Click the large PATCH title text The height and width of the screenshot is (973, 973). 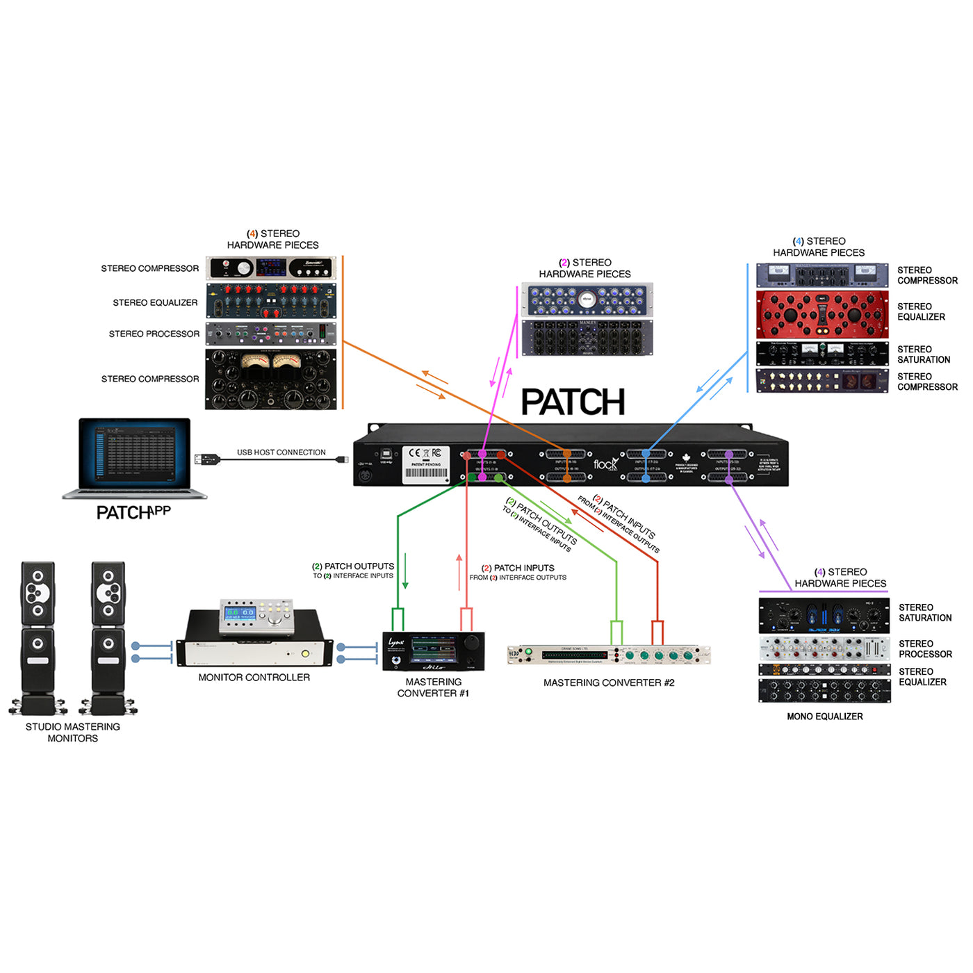click(573, 402)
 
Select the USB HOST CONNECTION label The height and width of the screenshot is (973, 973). click(281, 452)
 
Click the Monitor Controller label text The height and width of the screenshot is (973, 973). click(254, 678)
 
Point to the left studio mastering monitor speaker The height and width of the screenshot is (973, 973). click(38, 636)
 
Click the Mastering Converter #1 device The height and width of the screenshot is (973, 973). click(433, 651)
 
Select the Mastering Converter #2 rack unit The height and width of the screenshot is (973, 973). click(609, 655)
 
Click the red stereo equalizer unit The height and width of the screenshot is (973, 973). click(821, 315)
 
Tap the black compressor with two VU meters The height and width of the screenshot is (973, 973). click(270, 379)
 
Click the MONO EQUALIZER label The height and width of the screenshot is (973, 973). click(824, 717)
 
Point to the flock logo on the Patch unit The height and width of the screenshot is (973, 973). click(605, 464)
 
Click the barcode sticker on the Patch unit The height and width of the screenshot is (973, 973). click(426, 473)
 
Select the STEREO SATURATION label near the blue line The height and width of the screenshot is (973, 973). click(923, 354)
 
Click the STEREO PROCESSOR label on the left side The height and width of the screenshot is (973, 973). click(154, 334)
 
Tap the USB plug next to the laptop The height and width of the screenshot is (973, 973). click(208, 459)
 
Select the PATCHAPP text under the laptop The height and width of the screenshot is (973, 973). click(133, 512)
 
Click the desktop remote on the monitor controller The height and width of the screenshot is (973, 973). click(256, 616)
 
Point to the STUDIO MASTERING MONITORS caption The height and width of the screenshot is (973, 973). click(72, 733)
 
